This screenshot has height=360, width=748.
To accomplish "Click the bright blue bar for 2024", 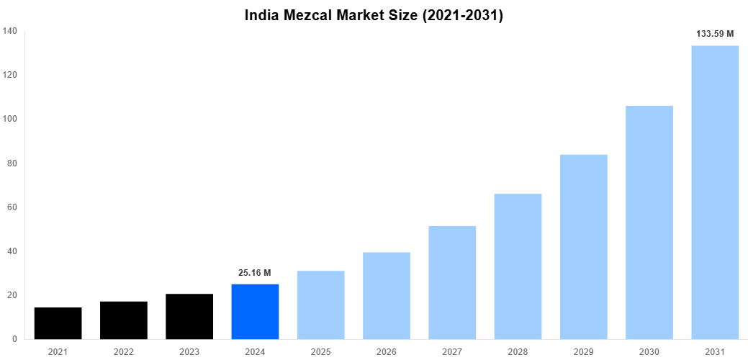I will pos(255,312).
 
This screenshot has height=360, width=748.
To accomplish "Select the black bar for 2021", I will pos(58,323).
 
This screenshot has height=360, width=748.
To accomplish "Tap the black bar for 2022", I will pos(124,320).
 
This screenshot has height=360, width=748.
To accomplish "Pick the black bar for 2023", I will pos(189,317).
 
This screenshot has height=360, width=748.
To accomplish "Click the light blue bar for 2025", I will pos(320,305).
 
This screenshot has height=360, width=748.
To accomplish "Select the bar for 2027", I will pos(452,283).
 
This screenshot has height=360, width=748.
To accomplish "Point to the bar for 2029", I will pos(584,247).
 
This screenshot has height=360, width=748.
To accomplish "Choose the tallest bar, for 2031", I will pos(715,192).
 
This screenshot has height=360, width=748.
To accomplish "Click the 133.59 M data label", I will pos(715,34).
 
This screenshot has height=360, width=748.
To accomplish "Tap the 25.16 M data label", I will pos(255,273).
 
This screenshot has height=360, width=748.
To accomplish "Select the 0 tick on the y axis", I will pos(14,339).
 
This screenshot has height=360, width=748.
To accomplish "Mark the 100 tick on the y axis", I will pos(9,119).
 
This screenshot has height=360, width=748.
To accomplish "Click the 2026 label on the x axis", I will pos(387,351).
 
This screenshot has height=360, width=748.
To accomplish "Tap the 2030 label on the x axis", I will pos(649,351).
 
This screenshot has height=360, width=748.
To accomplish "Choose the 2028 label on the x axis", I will pos(518,351).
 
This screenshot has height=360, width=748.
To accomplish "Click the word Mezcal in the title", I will pos(312,15).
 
